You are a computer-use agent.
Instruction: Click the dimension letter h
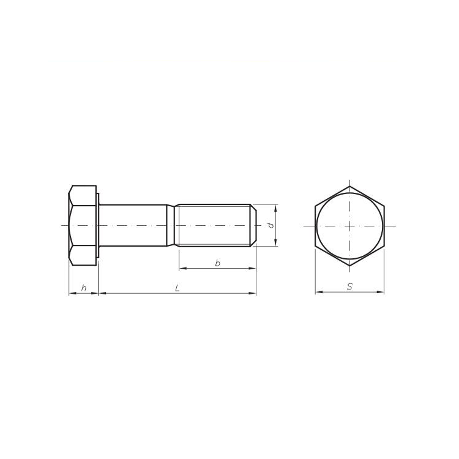click(84, 288)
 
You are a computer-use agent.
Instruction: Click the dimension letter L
click(177, 288)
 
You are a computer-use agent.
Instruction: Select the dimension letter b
click(217, 263)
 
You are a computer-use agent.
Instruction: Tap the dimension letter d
click(271, 225)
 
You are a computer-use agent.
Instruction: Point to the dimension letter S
click(349, 286)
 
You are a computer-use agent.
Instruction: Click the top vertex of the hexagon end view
click(350, 186)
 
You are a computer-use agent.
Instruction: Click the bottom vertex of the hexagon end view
click(350, 266)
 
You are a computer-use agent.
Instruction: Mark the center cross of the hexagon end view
click(350, 226)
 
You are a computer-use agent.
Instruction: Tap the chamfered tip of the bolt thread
click(253, 225)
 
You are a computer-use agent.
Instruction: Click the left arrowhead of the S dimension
click(319, 292)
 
